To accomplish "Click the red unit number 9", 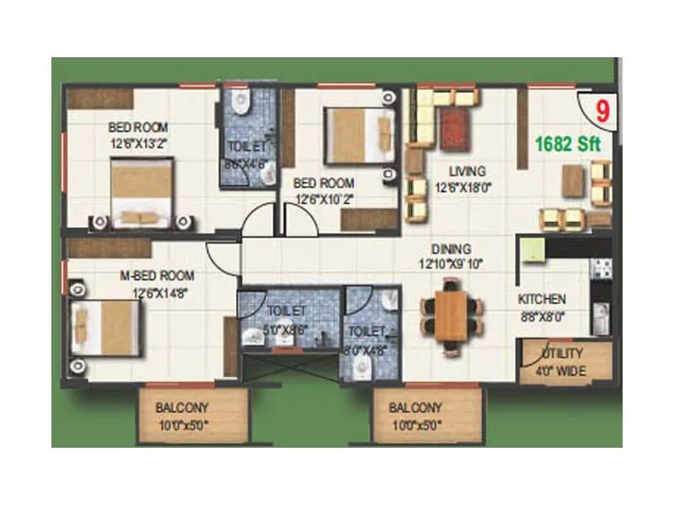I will coord(602,109).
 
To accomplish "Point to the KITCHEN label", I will coord(541,300).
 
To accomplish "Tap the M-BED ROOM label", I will coord(157,275).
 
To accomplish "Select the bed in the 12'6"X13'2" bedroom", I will coord(143,193).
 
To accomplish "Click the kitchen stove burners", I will coord(601,268).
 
